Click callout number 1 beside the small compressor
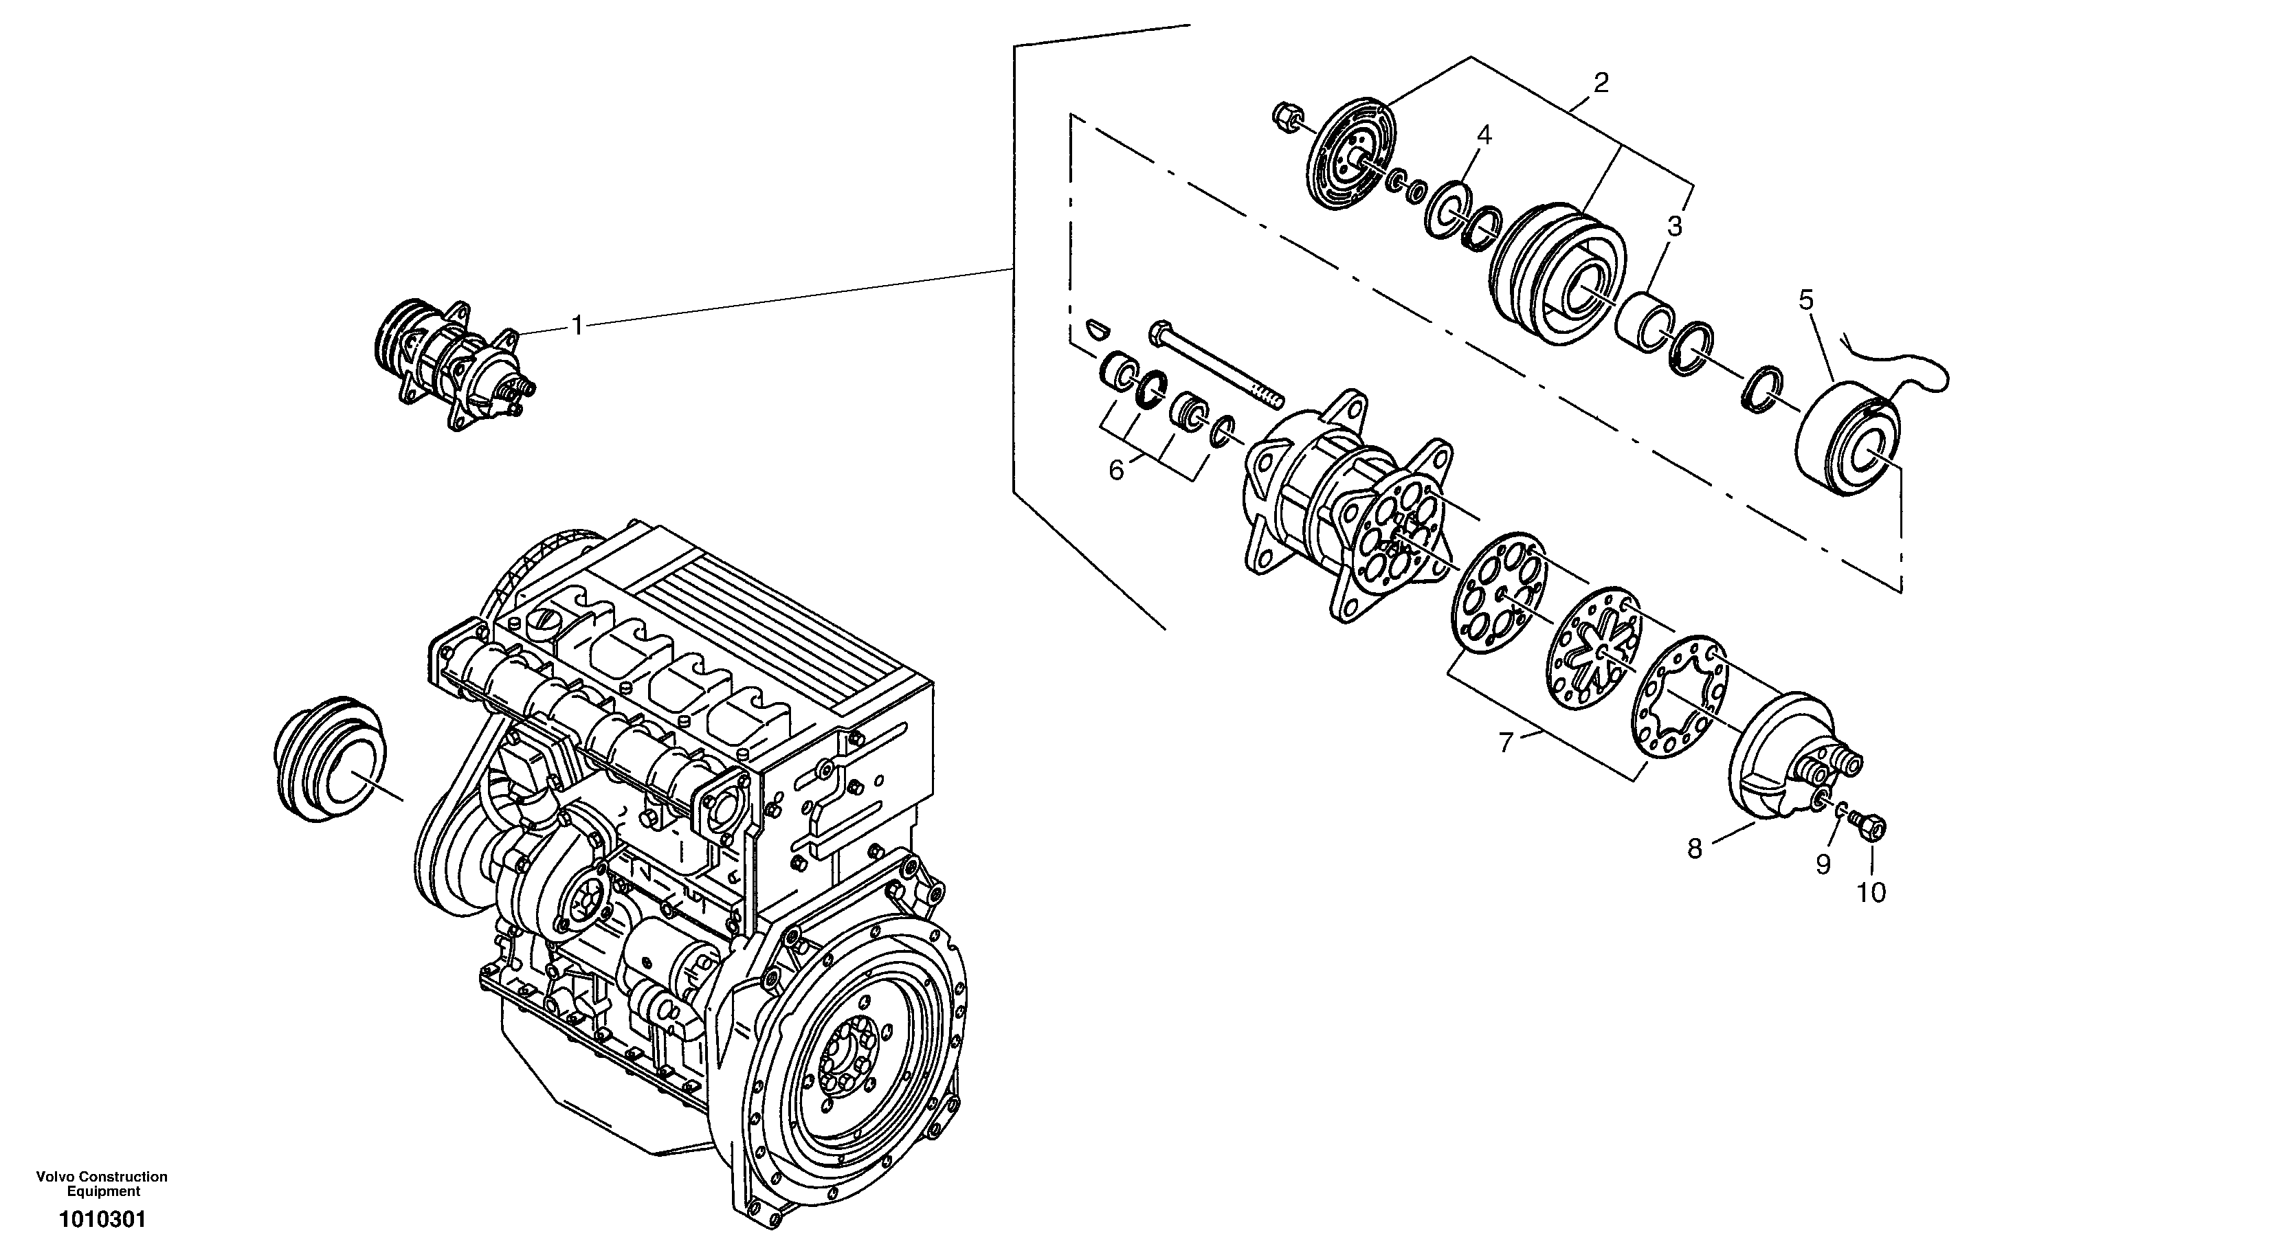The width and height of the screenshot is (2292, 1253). click(x=577, y=326)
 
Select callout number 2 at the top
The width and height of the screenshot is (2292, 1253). click(x=1601, y=84)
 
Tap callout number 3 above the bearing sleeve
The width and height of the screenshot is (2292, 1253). click(x=1675, y=227)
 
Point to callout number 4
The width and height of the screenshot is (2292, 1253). click(x=1483, y=135)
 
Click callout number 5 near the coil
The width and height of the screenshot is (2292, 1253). click(x=1805, y=300)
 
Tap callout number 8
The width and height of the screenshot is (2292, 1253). click(x=1694, y=849)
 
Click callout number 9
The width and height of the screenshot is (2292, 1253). click(x=1823, y=863)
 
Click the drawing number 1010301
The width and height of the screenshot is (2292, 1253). click(x=102, y=1219)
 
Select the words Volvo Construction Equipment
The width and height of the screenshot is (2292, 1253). click(x=102, y=1184)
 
